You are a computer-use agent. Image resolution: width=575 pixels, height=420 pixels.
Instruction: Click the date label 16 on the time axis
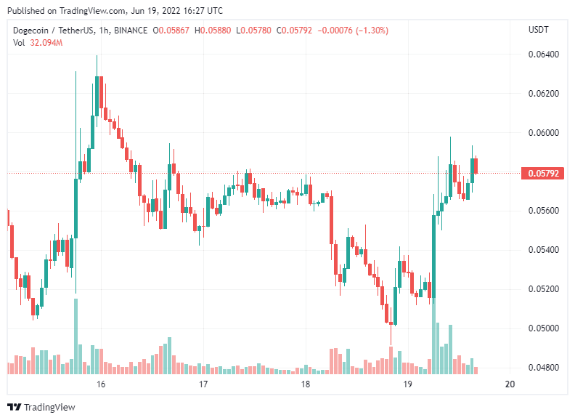click(101, 384)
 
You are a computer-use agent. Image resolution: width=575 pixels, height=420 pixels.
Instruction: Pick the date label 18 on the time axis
click(306, 384)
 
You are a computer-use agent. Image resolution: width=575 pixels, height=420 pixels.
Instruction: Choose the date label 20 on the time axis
click(510, 384)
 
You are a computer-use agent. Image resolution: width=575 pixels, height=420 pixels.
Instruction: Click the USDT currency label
click(539, 30)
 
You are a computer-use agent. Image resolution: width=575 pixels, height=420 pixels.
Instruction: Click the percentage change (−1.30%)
click(370, 31)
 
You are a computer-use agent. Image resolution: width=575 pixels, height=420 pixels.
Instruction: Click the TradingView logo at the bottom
click(41, 408)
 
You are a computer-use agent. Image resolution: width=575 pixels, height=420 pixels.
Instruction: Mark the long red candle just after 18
click(332, 218)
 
